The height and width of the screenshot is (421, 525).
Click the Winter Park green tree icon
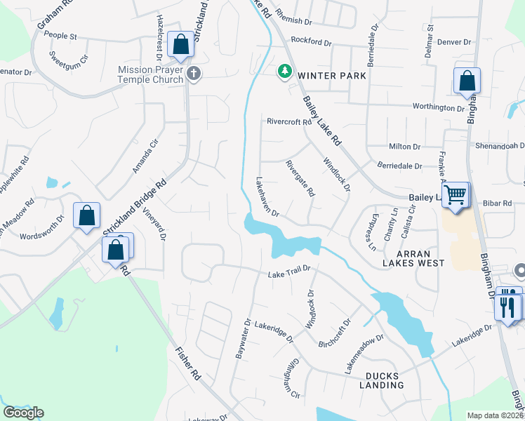coord(284,71)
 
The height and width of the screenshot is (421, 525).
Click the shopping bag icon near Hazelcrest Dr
coord(181,44)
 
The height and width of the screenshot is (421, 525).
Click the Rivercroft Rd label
coord(288,121)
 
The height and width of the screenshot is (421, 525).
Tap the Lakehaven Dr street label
coord(268,196)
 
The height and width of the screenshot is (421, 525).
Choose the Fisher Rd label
coord(187,363)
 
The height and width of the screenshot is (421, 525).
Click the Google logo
coord(23,413)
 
